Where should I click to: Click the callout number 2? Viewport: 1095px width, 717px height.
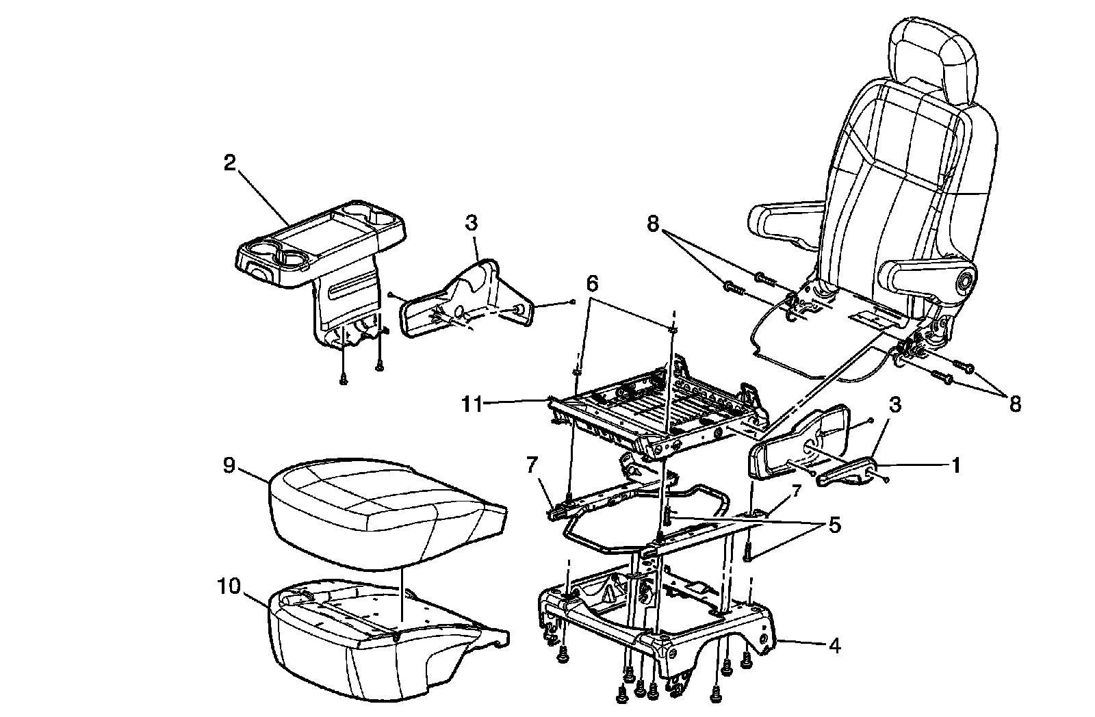[x=229, y=164]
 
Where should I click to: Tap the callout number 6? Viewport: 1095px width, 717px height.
[x=592, y=282]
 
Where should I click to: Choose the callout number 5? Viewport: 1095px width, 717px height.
[x=834, y=525]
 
